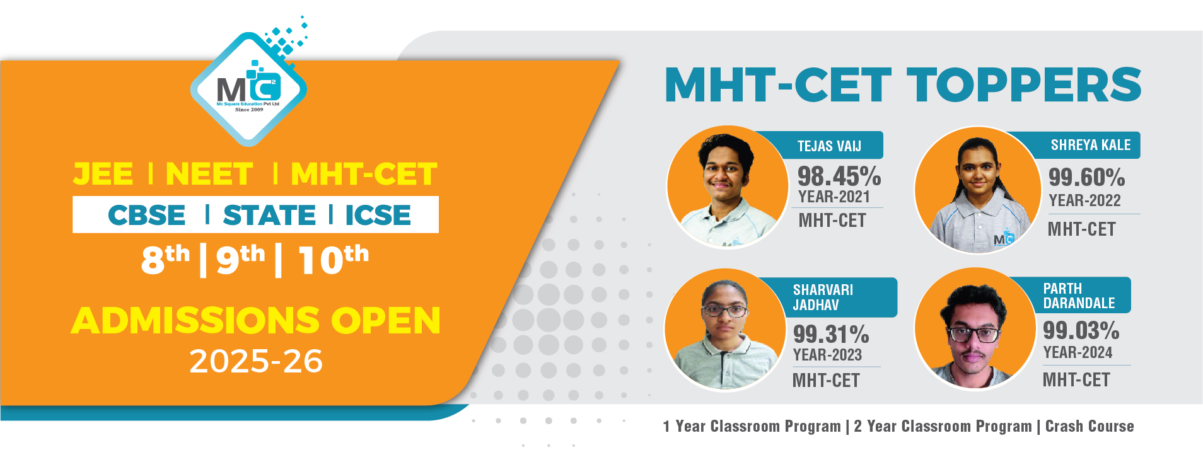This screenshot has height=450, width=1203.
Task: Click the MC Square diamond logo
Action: coord(249,89)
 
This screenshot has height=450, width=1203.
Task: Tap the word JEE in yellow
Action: coord(103,174)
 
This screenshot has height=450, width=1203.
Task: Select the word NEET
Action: coord(209,174)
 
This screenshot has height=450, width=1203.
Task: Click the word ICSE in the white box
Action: coord(378,215)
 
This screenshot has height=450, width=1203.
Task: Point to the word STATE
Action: coord(269,215)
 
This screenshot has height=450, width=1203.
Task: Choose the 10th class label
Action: coord(334,259)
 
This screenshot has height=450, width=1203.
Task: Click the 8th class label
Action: coord(165,259)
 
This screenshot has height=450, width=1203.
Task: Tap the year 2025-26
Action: coord(256,361)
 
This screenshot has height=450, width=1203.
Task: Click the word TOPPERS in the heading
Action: coord(1024,85)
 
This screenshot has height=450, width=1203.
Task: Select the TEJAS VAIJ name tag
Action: coord(829,146)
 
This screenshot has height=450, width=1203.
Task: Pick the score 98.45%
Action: coord(839,175)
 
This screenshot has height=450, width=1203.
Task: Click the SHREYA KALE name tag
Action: coord(1090,145)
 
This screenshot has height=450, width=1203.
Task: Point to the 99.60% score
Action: coord(1087,177)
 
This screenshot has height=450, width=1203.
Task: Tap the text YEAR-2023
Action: coord(827,355)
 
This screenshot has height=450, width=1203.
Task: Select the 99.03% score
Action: coord(1081,330)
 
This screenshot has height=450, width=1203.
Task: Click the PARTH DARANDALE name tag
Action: coord(1079,296)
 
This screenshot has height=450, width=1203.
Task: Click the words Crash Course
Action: coord(1090,426)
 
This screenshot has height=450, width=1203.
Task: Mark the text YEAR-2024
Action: coord(1078,352)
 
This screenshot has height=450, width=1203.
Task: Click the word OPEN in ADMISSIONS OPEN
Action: coord(385,320)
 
